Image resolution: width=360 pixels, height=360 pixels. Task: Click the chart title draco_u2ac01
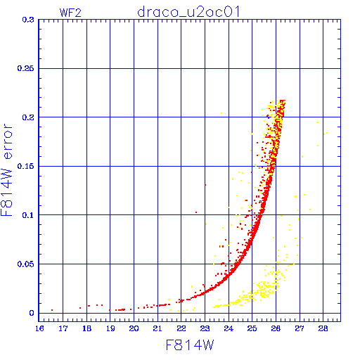[x=188, y=12]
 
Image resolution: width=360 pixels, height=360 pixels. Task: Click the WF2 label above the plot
[x=70, y=13]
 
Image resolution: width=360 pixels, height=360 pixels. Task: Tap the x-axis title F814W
[x=190, y=345]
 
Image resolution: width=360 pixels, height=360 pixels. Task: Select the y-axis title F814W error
[x=6, y=169]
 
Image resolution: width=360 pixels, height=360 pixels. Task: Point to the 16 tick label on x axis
[x=39, y=328]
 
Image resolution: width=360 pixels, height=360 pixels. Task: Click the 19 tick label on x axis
[x=110, y=328]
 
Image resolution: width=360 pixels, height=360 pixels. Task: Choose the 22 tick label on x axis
[x=181, y=328]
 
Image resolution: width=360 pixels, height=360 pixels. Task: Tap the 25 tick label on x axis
[x=252, y=328]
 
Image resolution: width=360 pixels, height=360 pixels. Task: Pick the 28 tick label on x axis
[x=323, y=328]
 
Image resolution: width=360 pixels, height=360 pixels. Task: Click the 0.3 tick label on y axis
[x=28, y=20]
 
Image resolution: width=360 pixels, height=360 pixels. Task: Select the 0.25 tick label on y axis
[x=25, y=68]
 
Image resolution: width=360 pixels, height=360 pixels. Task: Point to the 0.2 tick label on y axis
[x=28, y=117]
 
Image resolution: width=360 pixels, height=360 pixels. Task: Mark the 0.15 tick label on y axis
[x=25, y=166]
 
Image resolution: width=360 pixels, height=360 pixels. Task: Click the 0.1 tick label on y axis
[x=28, y=215]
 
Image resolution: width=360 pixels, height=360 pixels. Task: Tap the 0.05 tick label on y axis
[x=25, y=264]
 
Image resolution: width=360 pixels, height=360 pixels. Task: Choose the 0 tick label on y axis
[x=32, y=313]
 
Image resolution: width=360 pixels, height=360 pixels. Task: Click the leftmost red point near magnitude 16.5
[x=52, y=310]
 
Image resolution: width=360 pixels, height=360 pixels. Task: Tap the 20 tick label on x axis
[x=134, y=328]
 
